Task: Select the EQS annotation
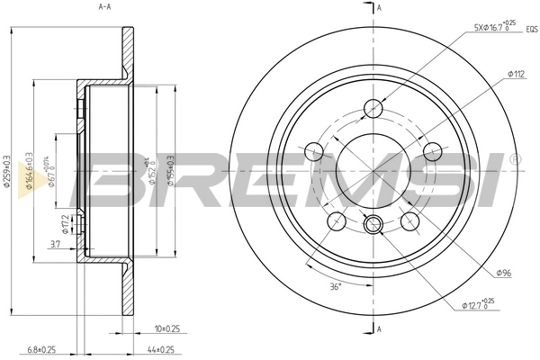point(531,29)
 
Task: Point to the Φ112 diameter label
point(516,74)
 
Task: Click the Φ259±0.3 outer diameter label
point(8,171)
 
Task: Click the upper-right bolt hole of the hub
point(431,150)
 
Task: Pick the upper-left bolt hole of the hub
point(315,150)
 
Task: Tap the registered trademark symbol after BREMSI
point(514,159)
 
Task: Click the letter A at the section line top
point(379,7)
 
